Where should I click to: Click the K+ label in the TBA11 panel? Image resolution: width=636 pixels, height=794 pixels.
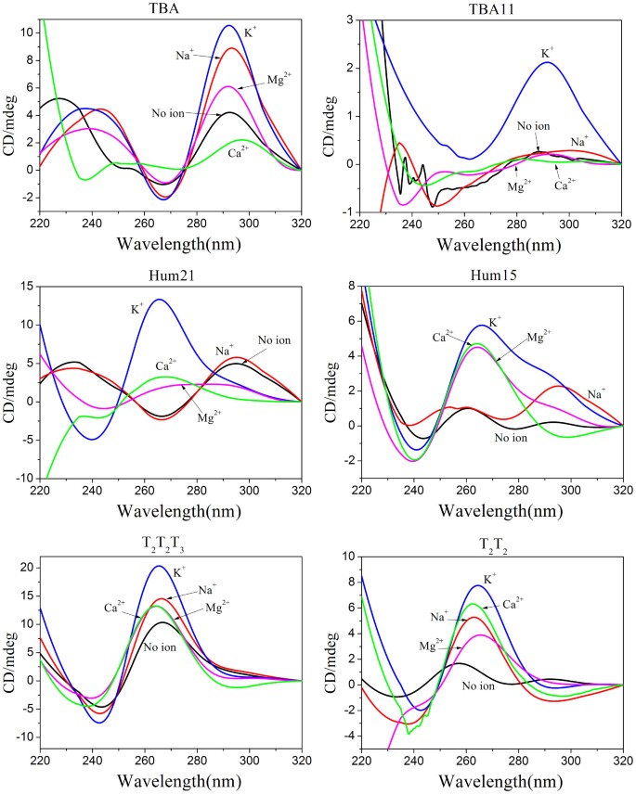[548, 42]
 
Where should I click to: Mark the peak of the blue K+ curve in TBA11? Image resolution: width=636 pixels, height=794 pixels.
[548, 62]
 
